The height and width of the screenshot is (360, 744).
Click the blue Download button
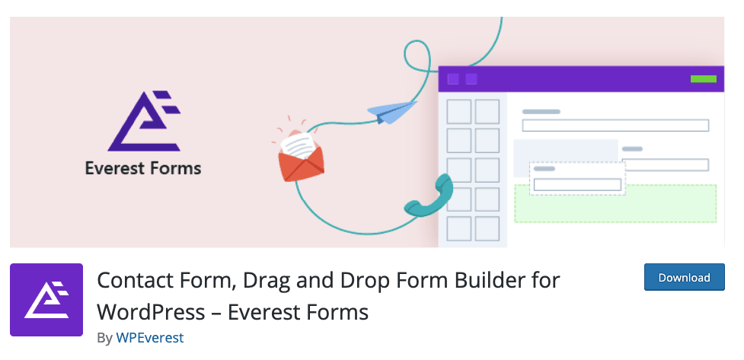(x=684, y=277)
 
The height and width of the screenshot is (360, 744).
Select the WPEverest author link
(x=149, y=338)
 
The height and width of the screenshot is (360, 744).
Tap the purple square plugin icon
(x=46, y=300)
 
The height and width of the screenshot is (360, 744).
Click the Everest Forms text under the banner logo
(x=143, y=168)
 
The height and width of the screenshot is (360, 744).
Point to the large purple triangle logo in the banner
(x=144, y=121)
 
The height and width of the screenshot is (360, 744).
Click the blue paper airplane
(x=392, y=113)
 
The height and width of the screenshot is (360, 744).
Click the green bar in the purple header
(x=703, y=78)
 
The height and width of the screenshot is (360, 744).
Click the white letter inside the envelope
(x=299, y=145)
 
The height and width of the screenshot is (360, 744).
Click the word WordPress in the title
(x=151, y=312)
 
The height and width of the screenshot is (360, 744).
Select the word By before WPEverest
(x=105, y=338)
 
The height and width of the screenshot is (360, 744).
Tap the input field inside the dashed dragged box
(x=577, y=184)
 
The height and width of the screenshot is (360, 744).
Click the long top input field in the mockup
(x=615, y=126)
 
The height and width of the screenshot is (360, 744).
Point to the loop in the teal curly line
(x=417, y=56)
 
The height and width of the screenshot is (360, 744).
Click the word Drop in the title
(x=359, y=281)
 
